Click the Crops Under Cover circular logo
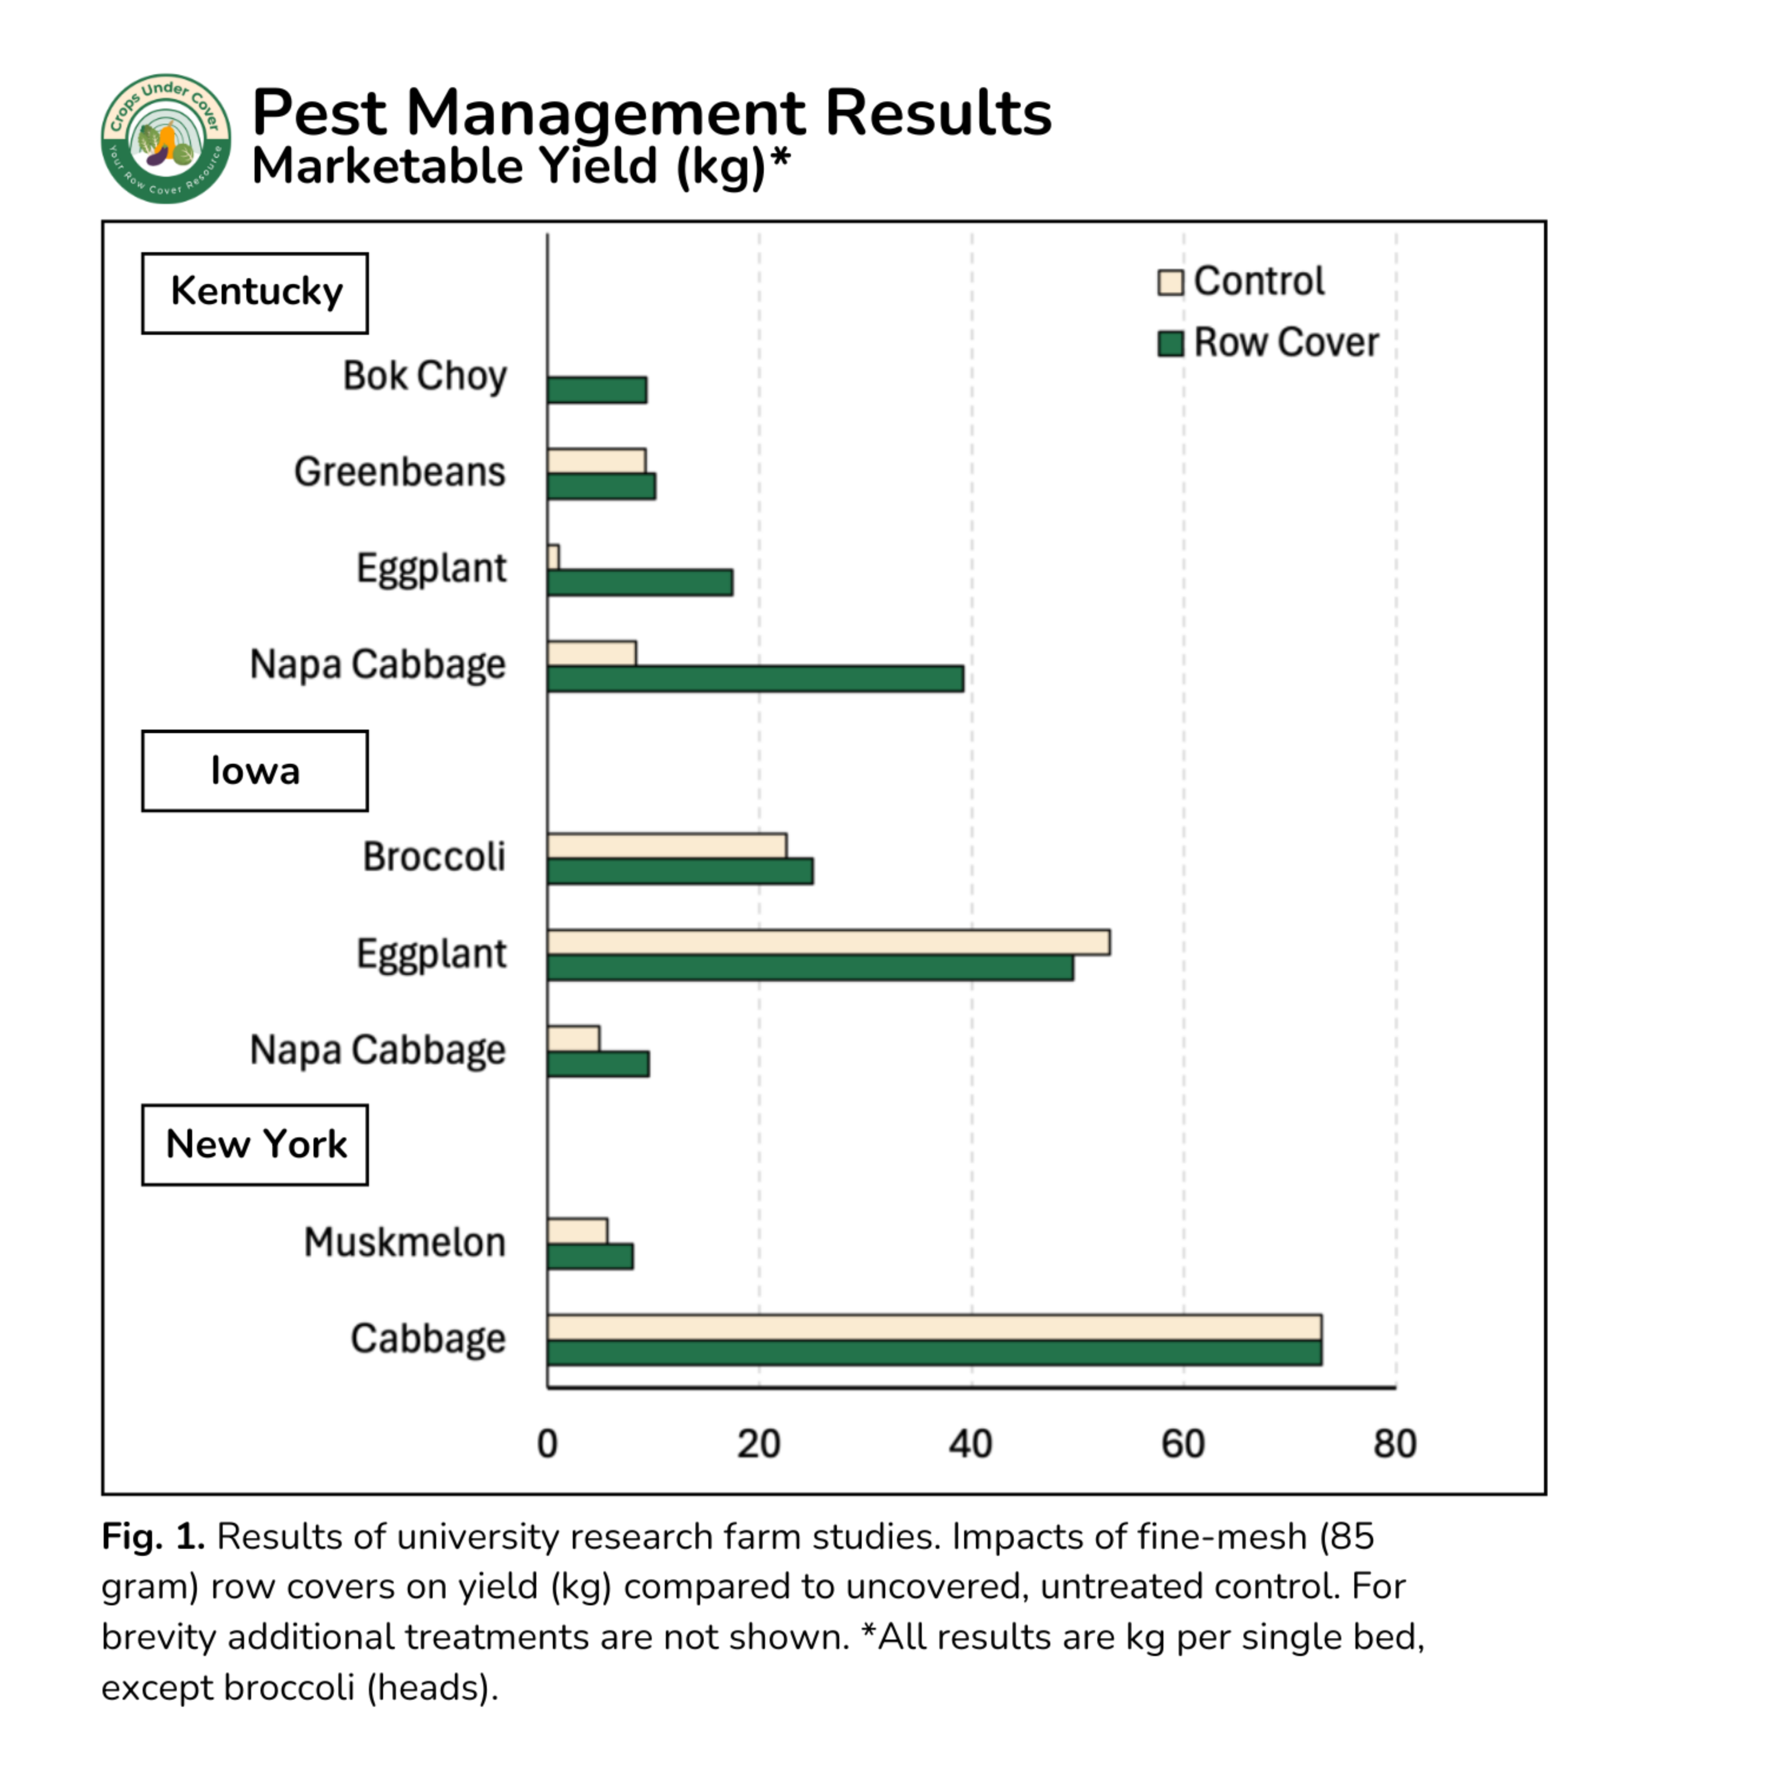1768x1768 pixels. (x=166, y=138)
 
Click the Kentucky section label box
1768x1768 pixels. (x=255, y=293)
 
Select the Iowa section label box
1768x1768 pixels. (x=255, y=770)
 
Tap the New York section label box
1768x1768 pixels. (x=255, y=1145)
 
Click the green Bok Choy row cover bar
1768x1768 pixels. (x=596, y=390)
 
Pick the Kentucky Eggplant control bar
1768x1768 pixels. (x=553, y=556)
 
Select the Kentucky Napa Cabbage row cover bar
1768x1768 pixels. (x=755, y=678)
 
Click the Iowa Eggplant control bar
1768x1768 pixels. (x=828, y=942)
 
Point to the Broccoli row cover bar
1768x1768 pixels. (x=680, y=871)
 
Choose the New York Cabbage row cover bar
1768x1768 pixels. (x=934, y=1353)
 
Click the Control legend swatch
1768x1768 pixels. (x=1170, y=282)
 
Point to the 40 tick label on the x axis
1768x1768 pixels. (x=971, y=1444)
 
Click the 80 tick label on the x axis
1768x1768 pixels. (x=1394, y=1444)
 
